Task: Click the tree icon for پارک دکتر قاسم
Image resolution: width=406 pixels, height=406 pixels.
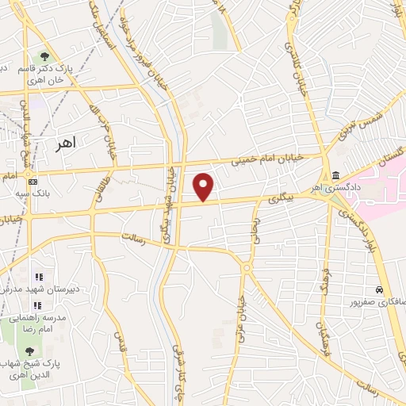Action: pos(44,56)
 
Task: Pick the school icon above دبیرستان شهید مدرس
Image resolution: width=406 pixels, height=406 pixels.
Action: pos(38,278)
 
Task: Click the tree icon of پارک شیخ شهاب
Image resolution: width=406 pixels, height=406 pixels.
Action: pos(30,350)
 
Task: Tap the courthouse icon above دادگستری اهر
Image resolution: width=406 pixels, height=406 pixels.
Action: pos(337,175)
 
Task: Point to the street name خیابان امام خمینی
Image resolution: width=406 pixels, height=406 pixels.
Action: pos(265,159)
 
